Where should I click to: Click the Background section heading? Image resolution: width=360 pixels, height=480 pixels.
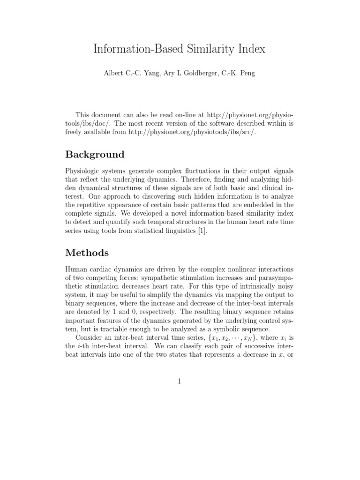click(95, 154)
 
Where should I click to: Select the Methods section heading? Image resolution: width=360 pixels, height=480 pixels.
click(87, 253)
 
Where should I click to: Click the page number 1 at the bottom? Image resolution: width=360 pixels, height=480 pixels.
click(180, 381)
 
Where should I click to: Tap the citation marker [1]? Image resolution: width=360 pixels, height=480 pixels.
click(202, 231)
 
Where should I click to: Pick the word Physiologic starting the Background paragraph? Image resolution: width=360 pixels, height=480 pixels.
click(83, 172)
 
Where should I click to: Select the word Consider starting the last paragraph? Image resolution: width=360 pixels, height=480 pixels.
click(90, 338)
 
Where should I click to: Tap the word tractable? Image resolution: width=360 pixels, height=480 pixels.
click(109, 330)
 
